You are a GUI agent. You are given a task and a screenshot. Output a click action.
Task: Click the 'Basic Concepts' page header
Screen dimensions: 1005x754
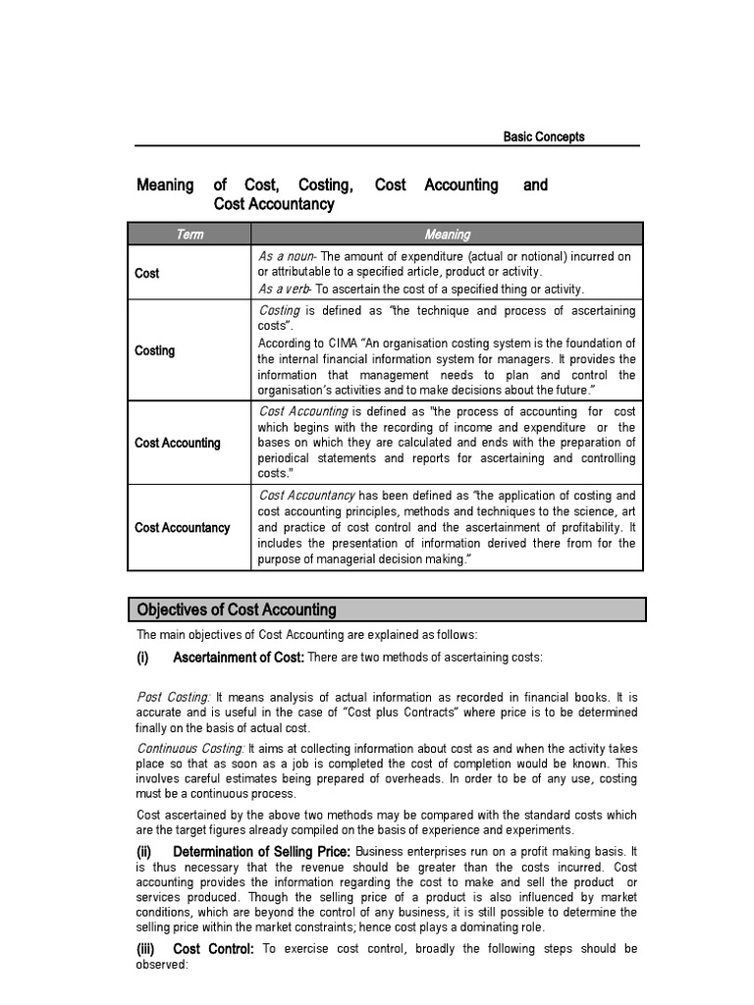[543, 136]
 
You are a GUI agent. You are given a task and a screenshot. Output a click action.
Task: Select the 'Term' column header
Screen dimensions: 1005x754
[189, 235]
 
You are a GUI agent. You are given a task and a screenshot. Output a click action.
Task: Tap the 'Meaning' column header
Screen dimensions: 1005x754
[447, 235]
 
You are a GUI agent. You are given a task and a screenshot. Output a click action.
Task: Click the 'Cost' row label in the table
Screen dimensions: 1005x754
[146, 273]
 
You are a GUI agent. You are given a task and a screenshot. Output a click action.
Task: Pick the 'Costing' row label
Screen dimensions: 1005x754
[154, 350]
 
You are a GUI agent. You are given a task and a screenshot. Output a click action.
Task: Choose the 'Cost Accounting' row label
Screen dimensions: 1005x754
[177, 443]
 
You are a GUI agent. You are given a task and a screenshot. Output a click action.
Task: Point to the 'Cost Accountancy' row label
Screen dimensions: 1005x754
[182, 527]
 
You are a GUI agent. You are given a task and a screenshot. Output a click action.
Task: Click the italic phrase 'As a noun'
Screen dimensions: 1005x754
[287, 256]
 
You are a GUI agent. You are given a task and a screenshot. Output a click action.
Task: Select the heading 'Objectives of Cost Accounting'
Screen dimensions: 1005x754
[237, 609]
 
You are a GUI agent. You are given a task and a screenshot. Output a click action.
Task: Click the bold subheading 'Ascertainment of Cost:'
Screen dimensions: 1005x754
[239, 657]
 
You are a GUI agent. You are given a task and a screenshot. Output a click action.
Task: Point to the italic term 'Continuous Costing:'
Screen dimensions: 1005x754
[190, 749]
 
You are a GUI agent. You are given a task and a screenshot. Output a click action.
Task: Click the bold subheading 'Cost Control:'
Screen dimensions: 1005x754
[213, 949]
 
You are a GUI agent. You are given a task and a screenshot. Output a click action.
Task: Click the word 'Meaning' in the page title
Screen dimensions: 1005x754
[165, 185]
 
